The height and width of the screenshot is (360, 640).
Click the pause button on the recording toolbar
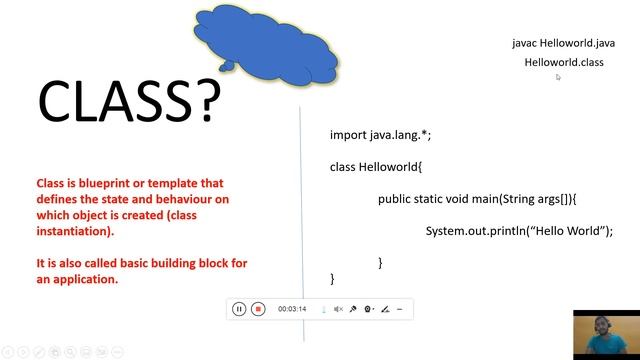(x=239, y=309)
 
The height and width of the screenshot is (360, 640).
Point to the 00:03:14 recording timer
(x=292, y=309)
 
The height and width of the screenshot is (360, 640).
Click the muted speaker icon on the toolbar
(x=338, y=309)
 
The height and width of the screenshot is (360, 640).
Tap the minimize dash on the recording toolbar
(x=400, y=309)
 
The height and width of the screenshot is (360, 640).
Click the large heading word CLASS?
(x=127, y=100)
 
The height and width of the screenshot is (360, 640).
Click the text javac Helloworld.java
(x=563, y=43)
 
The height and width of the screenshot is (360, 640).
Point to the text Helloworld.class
(x=564, y=62)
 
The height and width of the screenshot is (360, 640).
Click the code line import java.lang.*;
(x=380, y=134)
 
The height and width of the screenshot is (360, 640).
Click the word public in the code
(x=396, y=198)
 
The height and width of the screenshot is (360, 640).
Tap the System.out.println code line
(x=518, y=230)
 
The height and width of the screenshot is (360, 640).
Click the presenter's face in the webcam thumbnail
(x=605, y=329)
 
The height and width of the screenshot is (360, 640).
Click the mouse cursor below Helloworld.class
(x=558, y=77)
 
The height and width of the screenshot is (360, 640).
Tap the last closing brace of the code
(x=333, y=278)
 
